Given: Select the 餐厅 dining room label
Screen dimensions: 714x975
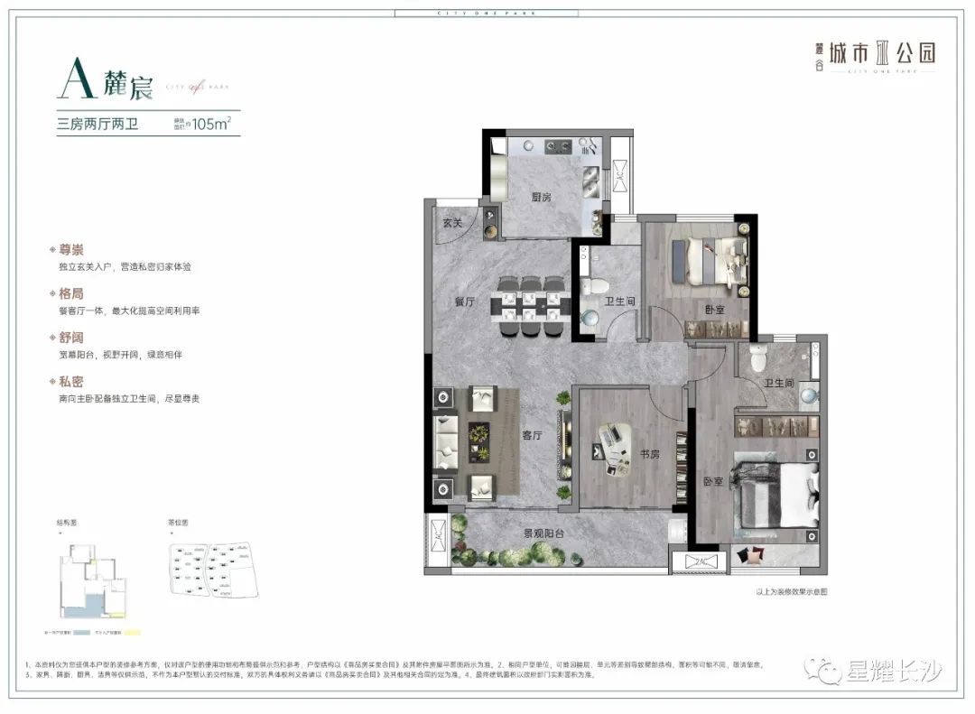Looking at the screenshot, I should tap(465, 302).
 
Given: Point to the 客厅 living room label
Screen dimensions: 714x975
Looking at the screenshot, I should tap(532, 435).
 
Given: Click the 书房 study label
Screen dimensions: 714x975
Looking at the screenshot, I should tap(648, 454).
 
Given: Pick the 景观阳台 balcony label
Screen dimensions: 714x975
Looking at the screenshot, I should tap(544, 533).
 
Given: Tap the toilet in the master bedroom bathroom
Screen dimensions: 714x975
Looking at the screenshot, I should tap(757, 361).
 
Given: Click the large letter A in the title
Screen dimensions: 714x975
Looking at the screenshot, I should tap(76, 83).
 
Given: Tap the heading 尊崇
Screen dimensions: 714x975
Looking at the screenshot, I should tap(71, 249).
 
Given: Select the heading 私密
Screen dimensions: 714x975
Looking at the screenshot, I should tap(71, 382).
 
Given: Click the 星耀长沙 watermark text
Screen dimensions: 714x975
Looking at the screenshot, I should tap(893, 671).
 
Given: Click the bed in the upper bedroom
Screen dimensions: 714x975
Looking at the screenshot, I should tap(712, 258).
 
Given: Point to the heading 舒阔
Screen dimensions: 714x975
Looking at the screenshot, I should tap(71, 338).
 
